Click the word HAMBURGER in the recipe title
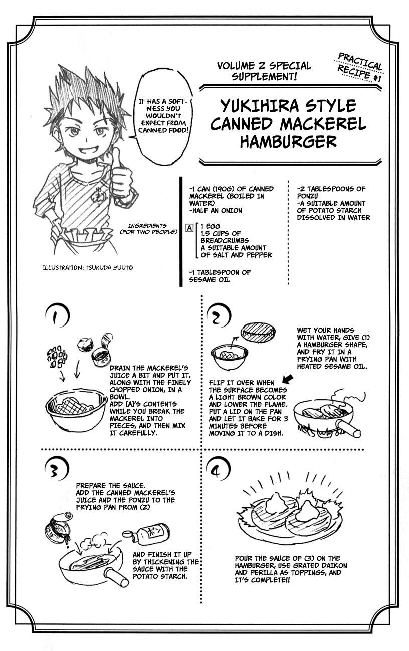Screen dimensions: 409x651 (288, 142)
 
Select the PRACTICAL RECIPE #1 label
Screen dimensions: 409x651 (360, 67)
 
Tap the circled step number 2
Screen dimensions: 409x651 (218, 316)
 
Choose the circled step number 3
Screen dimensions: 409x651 (57, 470)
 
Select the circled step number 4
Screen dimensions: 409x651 (218, 470)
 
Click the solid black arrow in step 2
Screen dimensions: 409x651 (288, 379)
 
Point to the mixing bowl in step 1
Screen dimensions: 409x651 (76, 409)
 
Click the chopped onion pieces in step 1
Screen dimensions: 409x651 (57, 356)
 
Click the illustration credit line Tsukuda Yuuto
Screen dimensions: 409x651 (88, 268)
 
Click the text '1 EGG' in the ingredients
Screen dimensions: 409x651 (211, 226)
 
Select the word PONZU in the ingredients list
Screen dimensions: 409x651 (307, 196)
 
